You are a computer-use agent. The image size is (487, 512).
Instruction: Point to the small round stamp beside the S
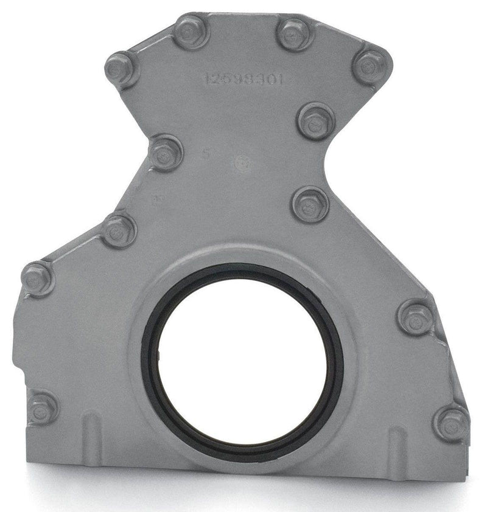pos(242,162)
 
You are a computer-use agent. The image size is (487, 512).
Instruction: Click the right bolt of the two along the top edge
pos(295,34)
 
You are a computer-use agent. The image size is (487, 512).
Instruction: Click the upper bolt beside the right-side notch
pos(315,120)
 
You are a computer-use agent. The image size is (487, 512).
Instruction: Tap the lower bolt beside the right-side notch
pos(309,204)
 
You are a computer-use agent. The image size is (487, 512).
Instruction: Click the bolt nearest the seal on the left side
pos(118,230)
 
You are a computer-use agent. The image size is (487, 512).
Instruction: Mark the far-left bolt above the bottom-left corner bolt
pos(38,278)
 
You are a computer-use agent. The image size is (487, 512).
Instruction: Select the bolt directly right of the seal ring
pos(416,317)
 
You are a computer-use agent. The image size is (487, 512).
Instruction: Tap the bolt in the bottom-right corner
pos(451,421)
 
